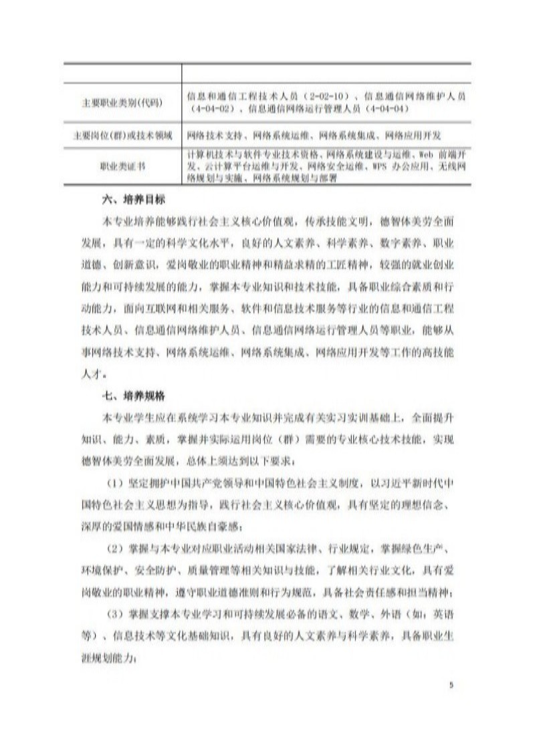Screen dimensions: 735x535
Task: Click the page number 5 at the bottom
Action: (x=451, y=684)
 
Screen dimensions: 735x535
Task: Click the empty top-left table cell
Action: (x=123, y=72)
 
